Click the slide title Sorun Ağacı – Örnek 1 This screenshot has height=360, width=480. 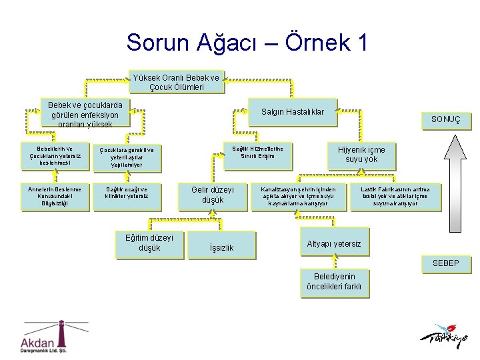pyautogui.click(x=247, y=43)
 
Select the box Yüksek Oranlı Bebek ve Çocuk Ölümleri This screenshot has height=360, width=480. pyautogui.click(x=176, y=82)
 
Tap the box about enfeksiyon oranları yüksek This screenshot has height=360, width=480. pyautogui.click(x=85, y=114)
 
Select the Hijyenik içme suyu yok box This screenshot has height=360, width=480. pyautogui.click(x=361, y=155)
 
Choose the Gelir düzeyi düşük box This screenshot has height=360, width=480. pyautogui.click(x=213, y=195)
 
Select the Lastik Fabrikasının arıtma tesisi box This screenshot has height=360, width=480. pyautogui.click(x=395, y=196)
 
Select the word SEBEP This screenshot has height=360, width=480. pyautogui.click(x=445, y=263)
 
